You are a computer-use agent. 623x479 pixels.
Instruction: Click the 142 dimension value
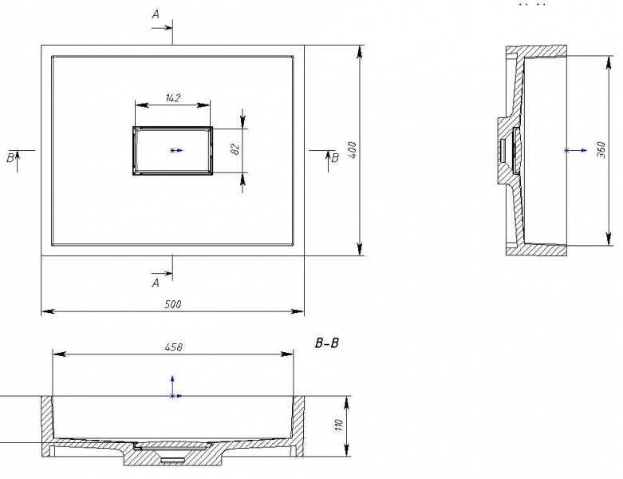tap(172, 97)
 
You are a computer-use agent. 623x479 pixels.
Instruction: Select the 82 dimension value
tap(235, 149)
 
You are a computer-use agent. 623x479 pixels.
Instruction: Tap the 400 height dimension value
tap(353, 150)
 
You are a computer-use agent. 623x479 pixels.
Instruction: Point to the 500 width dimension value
tap(173, 304)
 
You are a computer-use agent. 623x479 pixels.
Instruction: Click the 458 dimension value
tap(174, 347)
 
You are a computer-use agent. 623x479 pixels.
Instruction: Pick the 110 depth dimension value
tap(339, 425)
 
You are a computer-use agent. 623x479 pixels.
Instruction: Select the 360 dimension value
tap(601, 150)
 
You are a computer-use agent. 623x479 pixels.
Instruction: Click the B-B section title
tap(327, 342)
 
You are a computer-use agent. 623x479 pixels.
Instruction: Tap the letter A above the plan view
tap(156, 14)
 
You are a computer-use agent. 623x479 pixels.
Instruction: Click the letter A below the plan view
tap(156, 283)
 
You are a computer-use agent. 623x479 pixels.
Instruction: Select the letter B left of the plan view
tap(10, 158)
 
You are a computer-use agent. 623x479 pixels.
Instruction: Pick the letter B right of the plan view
tap(335, 158)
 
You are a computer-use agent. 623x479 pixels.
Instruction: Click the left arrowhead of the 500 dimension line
tap(48, 311)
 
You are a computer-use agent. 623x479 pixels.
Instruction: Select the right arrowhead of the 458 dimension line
tap(287, 354)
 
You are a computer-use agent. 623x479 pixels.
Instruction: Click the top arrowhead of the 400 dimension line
tap(360, 52)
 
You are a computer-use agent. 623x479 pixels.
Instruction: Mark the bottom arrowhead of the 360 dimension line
tap(609, 239)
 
